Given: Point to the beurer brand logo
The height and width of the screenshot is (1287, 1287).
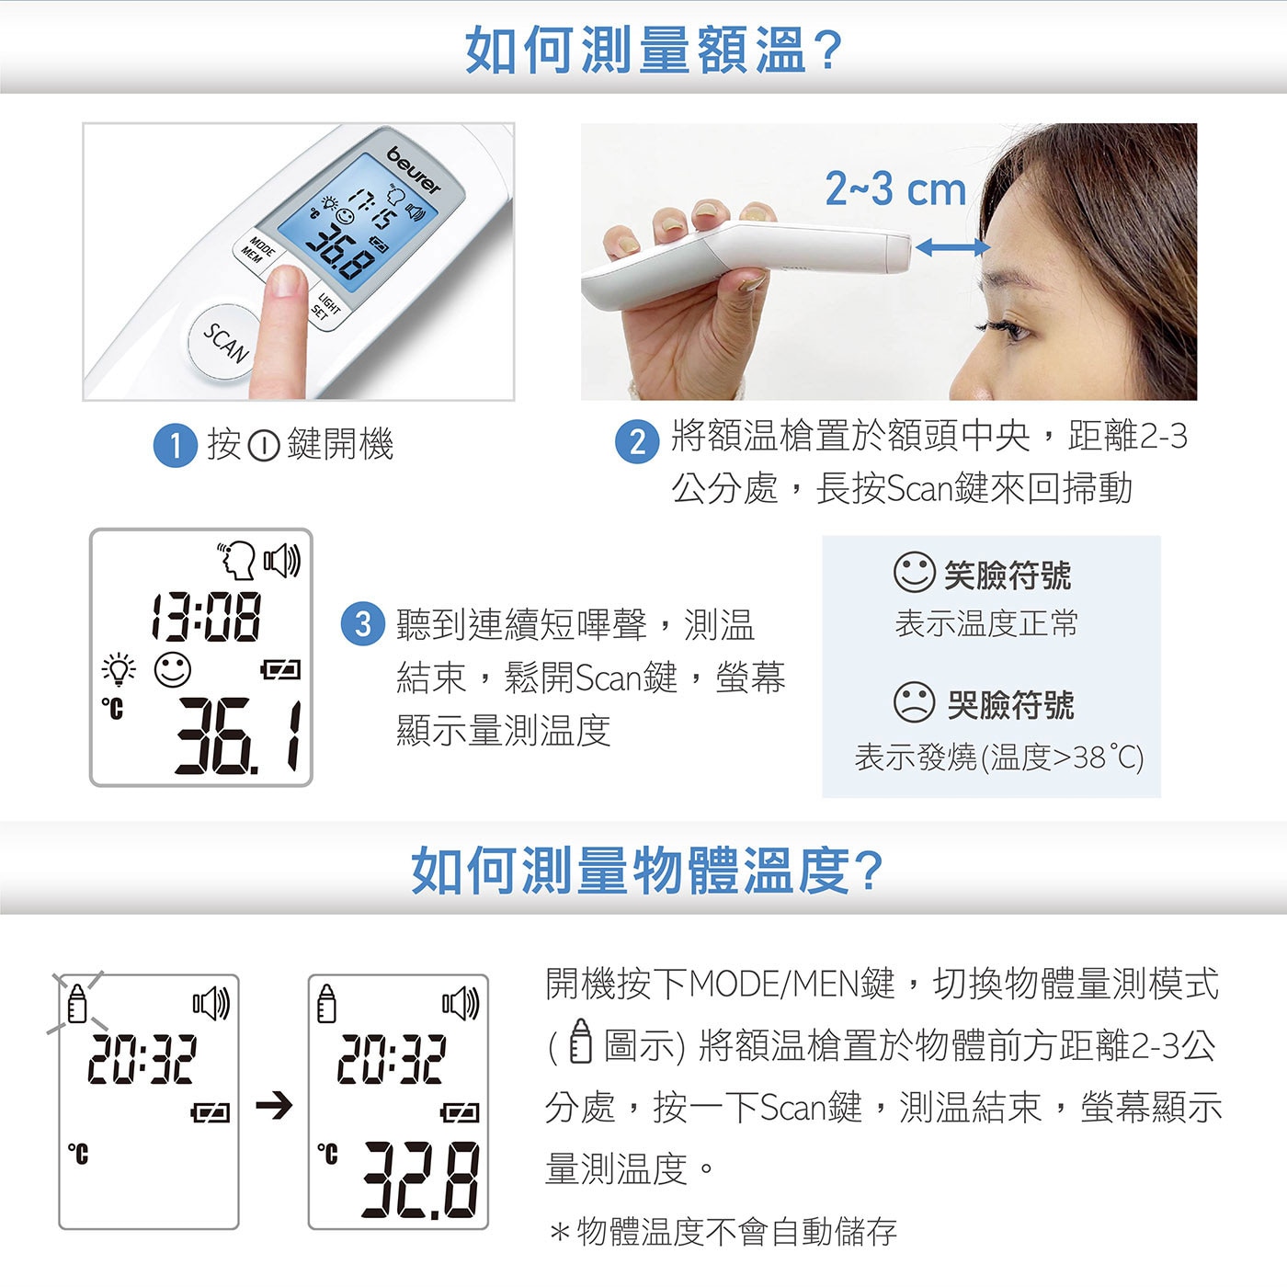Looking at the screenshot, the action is tap(414, 170).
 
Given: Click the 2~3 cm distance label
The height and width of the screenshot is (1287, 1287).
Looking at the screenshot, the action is tap(895, 188).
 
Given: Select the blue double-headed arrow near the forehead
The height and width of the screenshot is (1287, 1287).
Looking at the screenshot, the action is tap(952, 248).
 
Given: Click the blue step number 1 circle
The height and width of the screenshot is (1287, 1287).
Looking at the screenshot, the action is tap(175, 445).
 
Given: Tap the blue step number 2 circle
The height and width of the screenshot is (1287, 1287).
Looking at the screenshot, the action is tap(637, 441).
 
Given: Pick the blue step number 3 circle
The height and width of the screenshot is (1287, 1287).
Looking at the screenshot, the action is tap(362, 624).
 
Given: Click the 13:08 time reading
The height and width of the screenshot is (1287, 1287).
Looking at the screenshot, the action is tap(206, 617).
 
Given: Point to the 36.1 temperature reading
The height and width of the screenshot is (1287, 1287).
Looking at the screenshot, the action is tap(238, 736).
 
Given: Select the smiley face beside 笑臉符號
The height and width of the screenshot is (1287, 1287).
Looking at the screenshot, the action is tap(914, 572).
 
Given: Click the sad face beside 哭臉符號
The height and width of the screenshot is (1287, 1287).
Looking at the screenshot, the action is tap(914, 701).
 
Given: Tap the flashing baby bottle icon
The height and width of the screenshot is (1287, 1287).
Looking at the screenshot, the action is tap(77, 1003).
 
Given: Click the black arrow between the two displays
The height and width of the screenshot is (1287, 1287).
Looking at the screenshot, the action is tap(274, 1105).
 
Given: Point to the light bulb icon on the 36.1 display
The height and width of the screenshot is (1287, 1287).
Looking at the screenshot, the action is tap(119, 668).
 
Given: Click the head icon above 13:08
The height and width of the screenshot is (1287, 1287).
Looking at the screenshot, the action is tap(237, 560).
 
